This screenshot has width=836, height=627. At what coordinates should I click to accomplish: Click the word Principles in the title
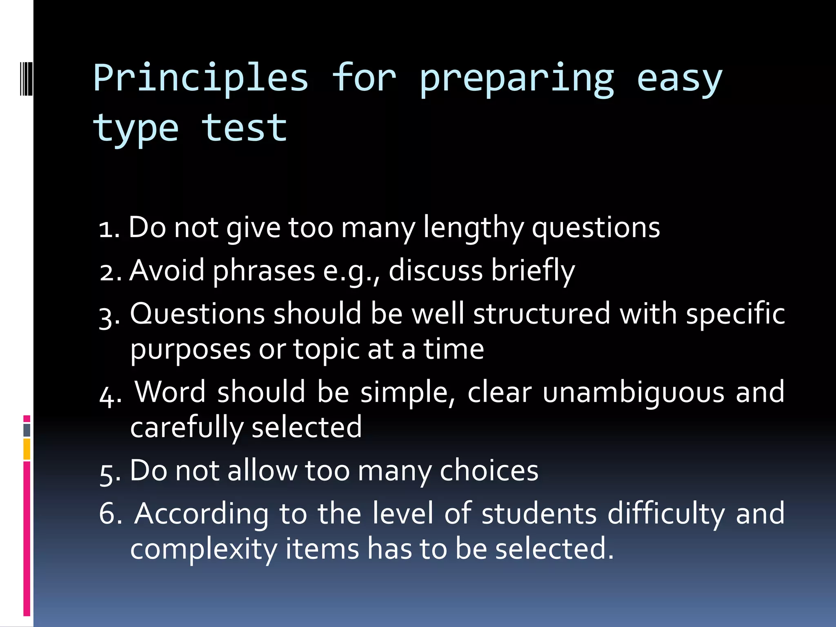[x=200, y=78]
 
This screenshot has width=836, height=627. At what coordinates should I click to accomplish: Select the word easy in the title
[x=679, y=80]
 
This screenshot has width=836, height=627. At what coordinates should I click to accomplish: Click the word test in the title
[x=244, y=128]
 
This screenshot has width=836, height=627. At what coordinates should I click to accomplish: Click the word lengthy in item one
[x=473, y=228]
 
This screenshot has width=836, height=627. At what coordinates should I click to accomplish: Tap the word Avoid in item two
[x=167, y=271]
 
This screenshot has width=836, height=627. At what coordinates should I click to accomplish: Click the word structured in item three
[x=541, y=314]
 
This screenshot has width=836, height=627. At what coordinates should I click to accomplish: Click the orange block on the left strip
[x=27, y=449]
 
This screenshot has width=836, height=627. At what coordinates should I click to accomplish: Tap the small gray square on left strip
[x=27, y=430]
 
